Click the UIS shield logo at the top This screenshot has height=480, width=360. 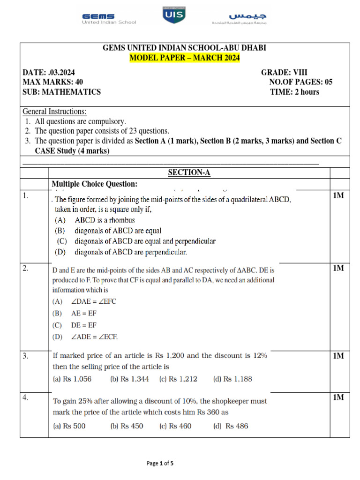(174, 15)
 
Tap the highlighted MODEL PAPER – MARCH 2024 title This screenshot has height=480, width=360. (184, 58)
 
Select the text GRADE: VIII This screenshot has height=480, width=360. (285, 73)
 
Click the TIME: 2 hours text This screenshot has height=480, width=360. (294, 92)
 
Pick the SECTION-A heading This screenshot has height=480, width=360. (189, 173)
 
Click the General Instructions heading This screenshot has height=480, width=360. (55, 112)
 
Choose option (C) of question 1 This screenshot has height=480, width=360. (136, 241)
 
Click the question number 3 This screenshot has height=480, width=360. (26, 356)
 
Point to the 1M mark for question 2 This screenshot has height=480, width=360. (338, 269)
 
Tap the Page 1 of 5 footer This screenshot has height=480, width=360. (160, 464)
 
